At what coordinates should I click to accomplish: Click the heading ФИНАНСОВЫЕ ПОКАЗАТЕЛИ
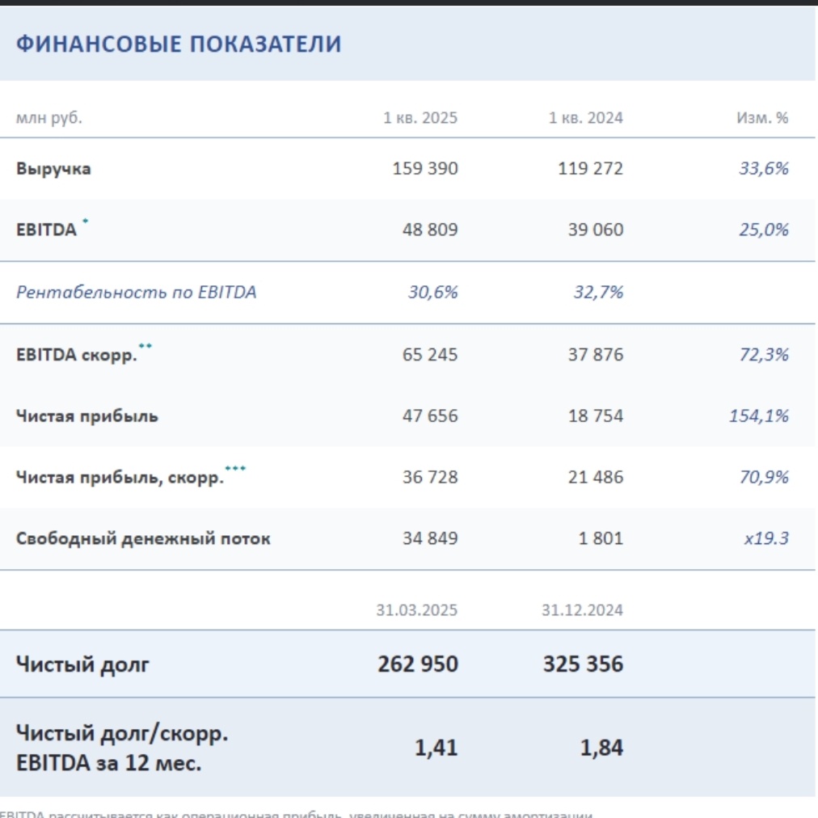pyautogui.click(x=179, y=44)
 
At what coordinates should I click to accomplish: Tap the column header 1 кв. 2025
pyautogui.click(x=420, y=118)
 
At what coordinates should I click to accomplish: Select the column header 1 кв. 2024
pyautogui.click(x=585, y=118)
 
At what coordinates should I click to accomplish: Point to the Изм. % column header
pyautogui.click(x=761, y=118)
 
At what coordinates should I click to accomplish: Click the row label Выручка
pyautogui.click(x=53, y=169)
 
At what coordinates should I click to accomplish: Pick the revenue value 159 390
pyautogui.click(x=424, y=169)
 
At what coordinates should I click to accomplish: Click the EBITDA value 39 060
pyautogui.click(x=595, y=230)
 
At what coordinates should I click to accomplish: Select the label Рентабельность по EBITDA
pyautogui.click(x=136, y=292)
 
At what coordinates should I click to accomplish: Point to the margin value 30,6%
pyautogui.click(x=432, y=292)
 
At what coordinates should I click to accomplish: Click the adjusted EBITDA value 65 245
pyautogui.click(x=429, y=354)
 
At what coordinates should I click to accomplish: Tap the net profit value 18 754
pyautogui.click(x=595, y=416)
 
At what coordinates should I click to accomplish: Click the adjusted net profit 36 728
pyautogui.click(x=429, y=477)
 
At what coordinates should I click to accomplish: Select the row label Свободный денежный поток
pyautogui.click(x=143, y=538)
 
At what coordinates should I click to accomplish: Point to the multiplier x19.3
pyautogui.click(x=765, y=538)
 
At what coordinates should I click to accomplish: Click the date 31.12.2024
pyautogui.click(x=582, y=610)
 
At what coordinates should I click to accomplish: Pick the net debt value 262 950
pyautogui.click(x=417, y=664)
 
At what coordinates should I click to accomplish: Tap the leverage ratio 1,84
pyautogui.click(x=601, y=748)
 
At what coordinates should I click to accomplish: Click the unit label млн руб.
pyautogui.click(x=48, y=118)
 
